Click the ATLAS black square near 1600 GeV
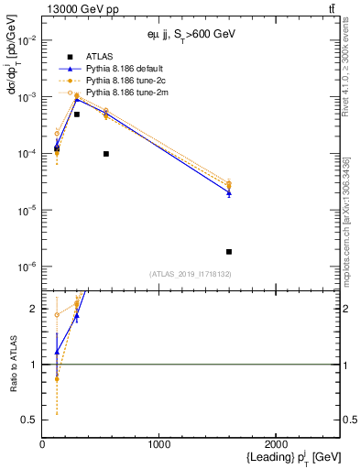click(x=229, y=251)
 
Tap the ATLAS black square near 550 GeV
click(x=106, y=154)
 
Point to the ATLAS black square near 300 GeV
click(x=77, y=115)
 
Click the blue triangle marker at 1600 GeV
click(x=229, y=192)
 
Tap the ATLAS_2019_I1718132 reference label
click(x=191, y=273)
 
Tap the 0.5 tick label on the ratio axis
click(x=29, y=420)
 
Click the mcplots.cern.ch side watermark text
click(x=349, y=229)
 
